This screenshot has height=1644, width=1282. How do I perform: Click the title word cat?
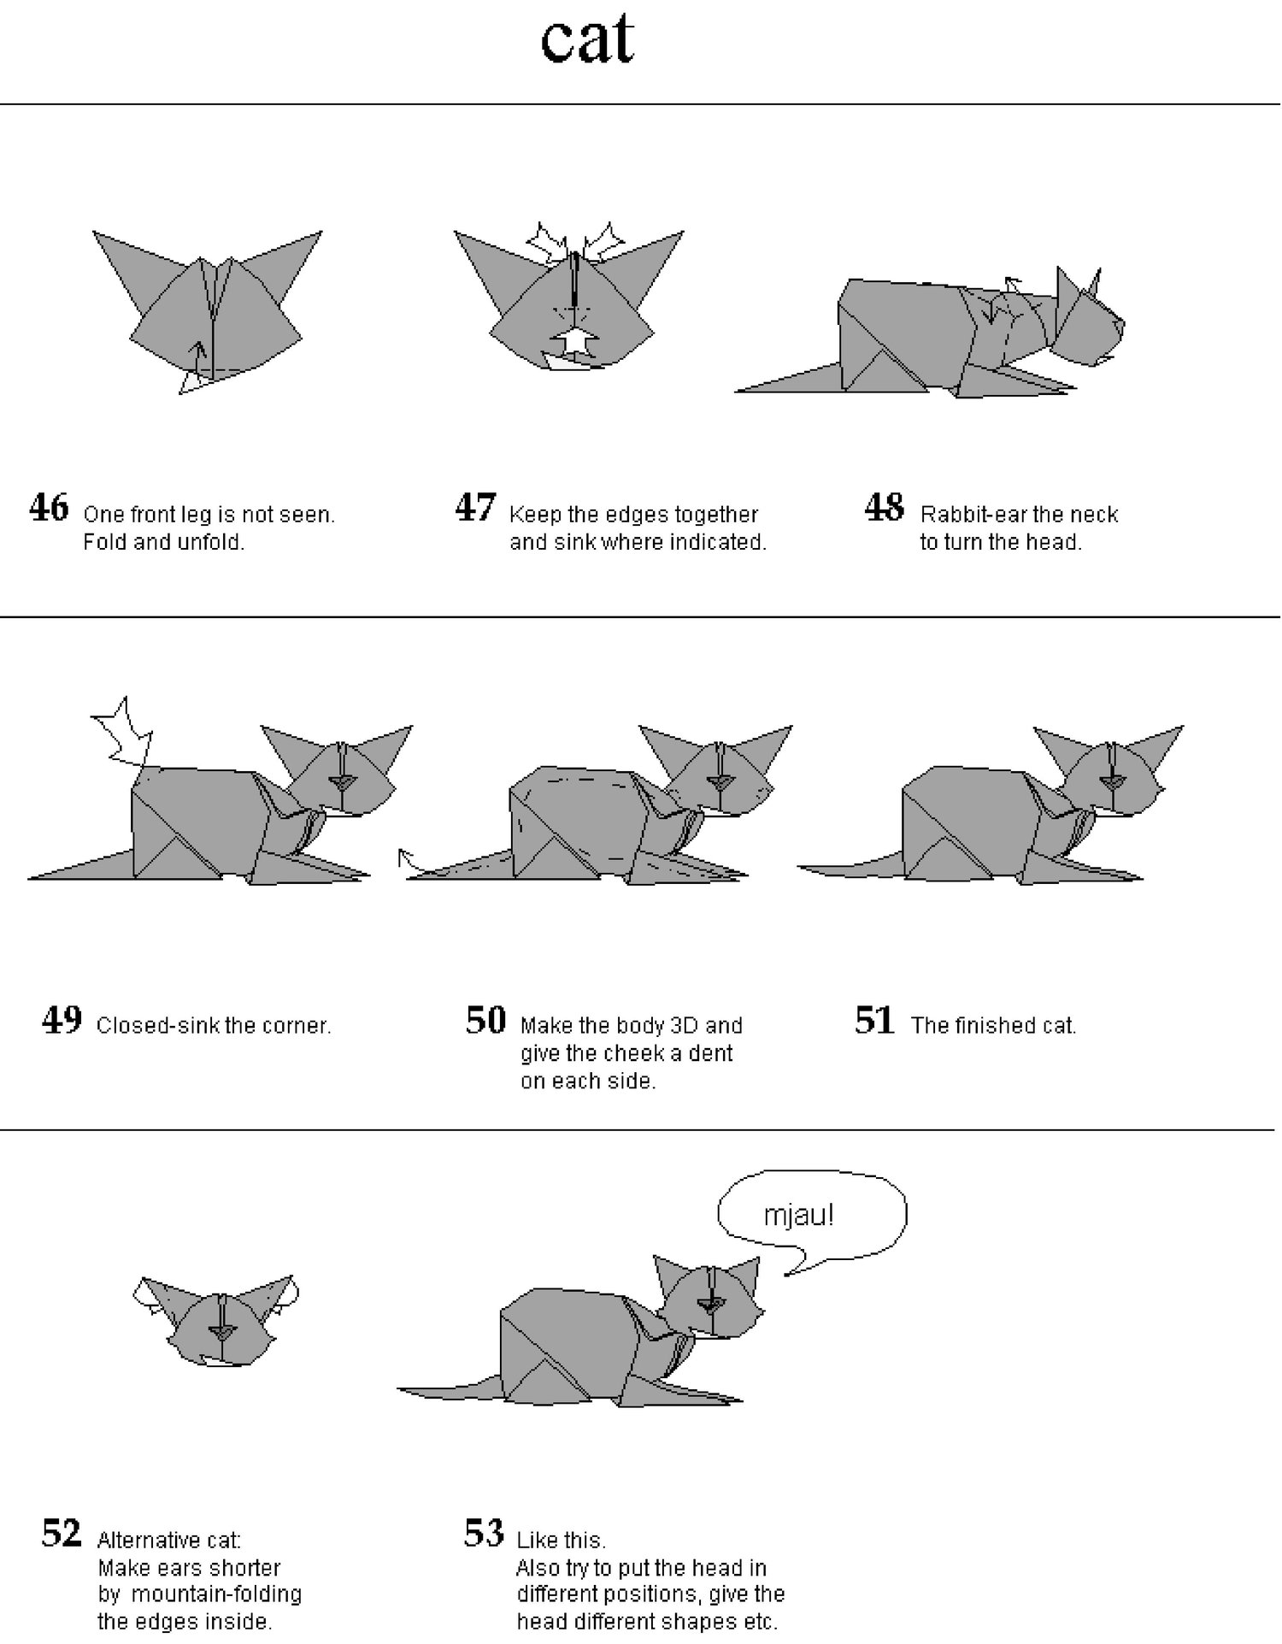(588, 40)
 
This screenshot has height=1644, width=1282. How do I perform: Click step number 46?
(49, 507)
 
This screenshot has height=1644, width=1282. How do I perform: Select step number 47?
(475, 507)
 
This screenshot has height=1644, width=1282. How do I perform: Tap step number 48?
(885, 507)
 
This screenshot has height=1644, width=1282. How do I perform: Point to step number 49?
(62, 1019)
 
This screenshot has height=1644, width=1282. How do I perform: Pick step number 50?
(486, 1019)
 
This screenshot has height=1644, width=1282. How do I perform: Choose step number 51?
(874, 1019)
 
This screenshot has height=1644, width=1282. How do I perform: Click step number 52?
(62, 1533)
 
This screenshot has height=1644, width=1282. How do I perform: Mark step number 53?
(485, 1533)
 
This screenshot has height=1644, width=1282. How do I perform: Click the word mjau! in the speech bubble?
(798, 1215)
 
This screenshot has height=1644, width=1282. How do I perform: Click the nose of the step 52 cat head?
(224, 1333)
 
